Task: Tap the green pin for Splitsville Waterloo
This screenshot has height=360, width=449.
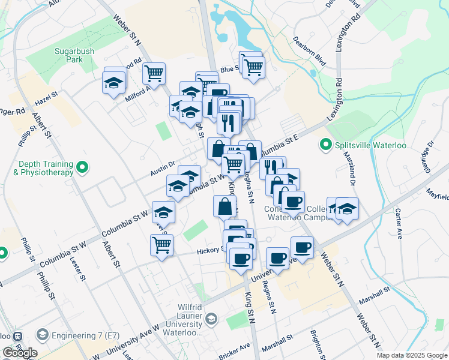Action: point(326,144)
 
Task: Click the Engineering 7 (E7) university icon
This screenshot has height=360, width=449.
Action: point(43,334)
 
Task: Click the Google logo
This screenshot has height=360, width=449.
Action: point(20,353)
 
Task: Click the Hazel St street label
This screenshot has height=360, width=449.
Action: point(46,95)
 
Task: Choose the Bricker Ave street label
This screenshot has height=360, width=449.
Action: point(236,349)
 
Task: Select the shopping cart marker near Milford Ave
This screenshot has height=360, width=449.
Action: point(154,73)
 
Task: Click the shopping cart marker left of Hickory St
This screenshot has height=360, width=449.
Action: point(161,245)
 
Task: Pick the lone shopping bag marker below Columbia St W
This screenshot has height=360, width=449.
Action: point(224,206)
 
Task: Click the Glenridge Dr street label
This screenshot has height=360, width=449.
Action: point(428,155)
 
